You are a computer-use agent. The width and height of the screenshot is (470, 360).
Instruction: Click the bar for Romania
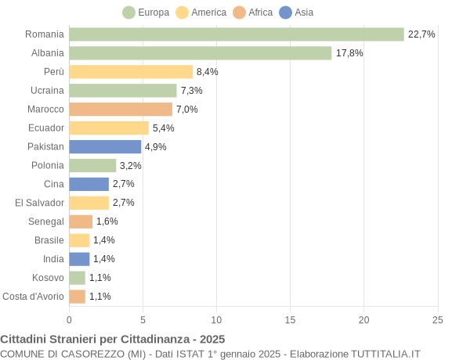point(236,34)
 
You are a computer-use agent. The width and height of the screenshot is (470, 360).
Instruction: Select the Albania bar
point(200,53)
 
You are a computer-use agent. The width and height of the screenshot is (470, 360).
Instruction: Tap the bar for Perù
point(131,72)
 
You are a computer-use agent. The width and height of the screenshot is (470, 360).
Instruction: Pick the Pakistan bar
point(105,146)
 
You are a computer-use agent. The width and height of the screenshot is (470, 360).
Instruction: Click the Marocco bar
point(121,110)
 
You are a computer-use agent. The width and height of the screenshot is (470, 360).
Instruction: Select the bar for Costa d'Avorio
point(77,296)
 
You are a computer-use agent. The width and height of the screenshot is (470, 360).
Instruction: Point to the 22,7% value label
point(421,34)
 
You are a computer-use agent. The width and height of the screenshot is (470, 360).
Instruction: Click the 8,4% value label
point(207,72)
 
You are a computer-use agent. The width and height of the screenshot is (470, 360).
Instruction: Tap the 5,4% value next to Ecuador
point(163,128)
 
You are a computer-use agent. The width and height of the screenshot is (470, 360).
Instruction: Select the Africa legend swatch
point(239,13)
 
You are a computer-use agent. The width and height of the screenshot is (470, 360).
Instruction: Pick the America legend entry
point(201,13)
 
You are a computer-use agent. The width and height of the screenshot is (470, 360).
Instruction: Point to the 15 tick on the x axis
point(290,319)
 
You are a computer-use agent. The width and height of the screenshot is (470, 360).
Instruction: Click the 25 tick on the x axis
point(437,319)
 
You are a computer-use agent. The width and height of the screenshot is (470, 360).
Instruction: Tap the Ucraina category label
point(47,91)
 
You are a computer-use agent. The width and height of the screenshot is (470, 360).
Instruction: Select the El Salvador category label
point(39,203)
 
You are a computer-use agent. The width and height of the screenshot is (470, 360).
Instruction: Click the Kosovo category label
point(48,277)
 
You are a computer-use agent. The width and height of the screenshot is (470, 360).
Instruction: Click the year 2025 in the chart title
point(211,339)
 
